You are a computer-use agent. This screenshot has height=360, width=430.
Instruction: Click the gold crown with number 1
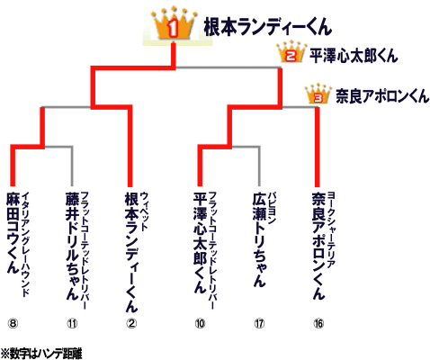tap(174, 24)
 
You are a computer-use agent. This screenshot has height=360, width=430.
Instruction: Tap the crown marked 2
tap(291, 53)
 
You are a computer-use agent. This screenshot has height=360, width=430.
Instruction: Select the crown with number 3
tap(318, 94)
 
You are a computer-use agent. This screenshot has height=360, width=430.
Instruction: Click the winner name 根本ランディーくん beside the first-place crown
tap(267, 27)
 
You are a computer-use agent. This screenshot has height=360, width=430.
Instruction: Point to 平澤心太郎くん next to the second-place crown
tap(354, 56)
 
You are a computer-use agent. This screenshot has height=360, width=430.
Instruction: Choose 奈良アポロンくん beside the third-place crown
tap(382, 96)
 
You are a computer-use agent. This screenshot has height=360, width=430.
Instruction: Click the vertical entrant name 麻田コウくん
tap(13, 232)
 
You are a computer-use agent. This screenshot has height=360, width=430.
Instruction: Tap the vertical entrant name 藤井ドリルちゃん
tap(72, 246)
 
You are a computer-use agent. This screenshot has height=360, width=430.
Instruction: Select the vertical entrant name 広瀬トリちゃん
tap(259, 239)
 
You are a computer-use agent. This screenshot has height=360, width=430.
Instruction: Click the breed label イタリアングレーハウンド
tap(26, 244)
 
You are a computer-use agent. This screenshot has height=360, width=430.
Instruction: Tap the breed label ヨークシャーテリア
tap(331, 229)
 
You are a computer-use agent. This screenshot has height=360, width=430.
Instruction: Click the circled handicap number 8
tap(13, 323)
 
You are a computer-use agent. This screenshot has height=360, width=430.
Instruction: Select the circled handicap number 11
tap(72, 323)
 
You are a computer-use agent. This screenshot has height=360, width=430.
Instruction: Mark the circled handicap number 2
tap(131, 323)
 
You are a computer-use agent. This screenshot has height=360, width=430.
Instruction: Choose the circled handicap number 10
tap(200, 323)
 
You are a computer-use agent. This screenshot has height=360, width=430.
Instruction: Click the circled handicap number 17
tap(259, 323)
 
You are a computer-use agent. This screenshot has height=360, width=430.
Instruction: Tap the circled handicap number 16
tap(318, 323)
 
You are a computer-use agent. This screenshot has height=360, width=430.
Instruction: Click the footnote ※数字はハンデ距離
tap(41, 354)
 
